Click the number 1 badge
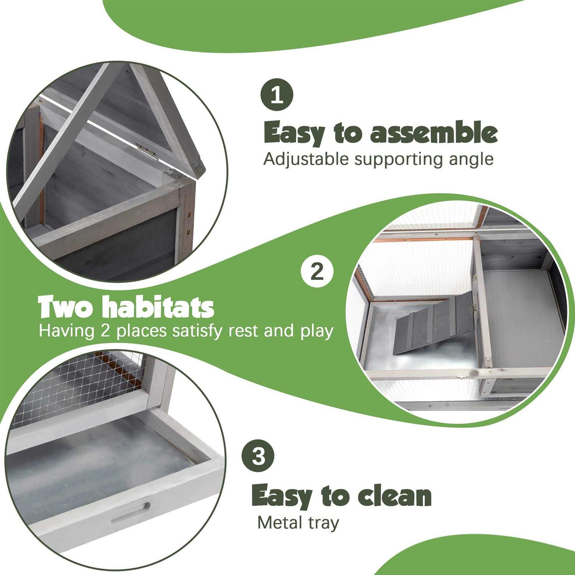click(x=277, y=95)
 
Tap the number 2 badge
click(x=317, y=271)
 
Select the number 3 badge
click(x=258, y=456)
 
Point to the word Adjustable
click(x=306, y=159)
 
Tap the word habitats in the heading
click(x=159, y=307)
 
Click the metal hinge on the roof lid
click(x=148, y=150)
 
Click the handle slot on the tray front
click(x=130, y=514)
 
